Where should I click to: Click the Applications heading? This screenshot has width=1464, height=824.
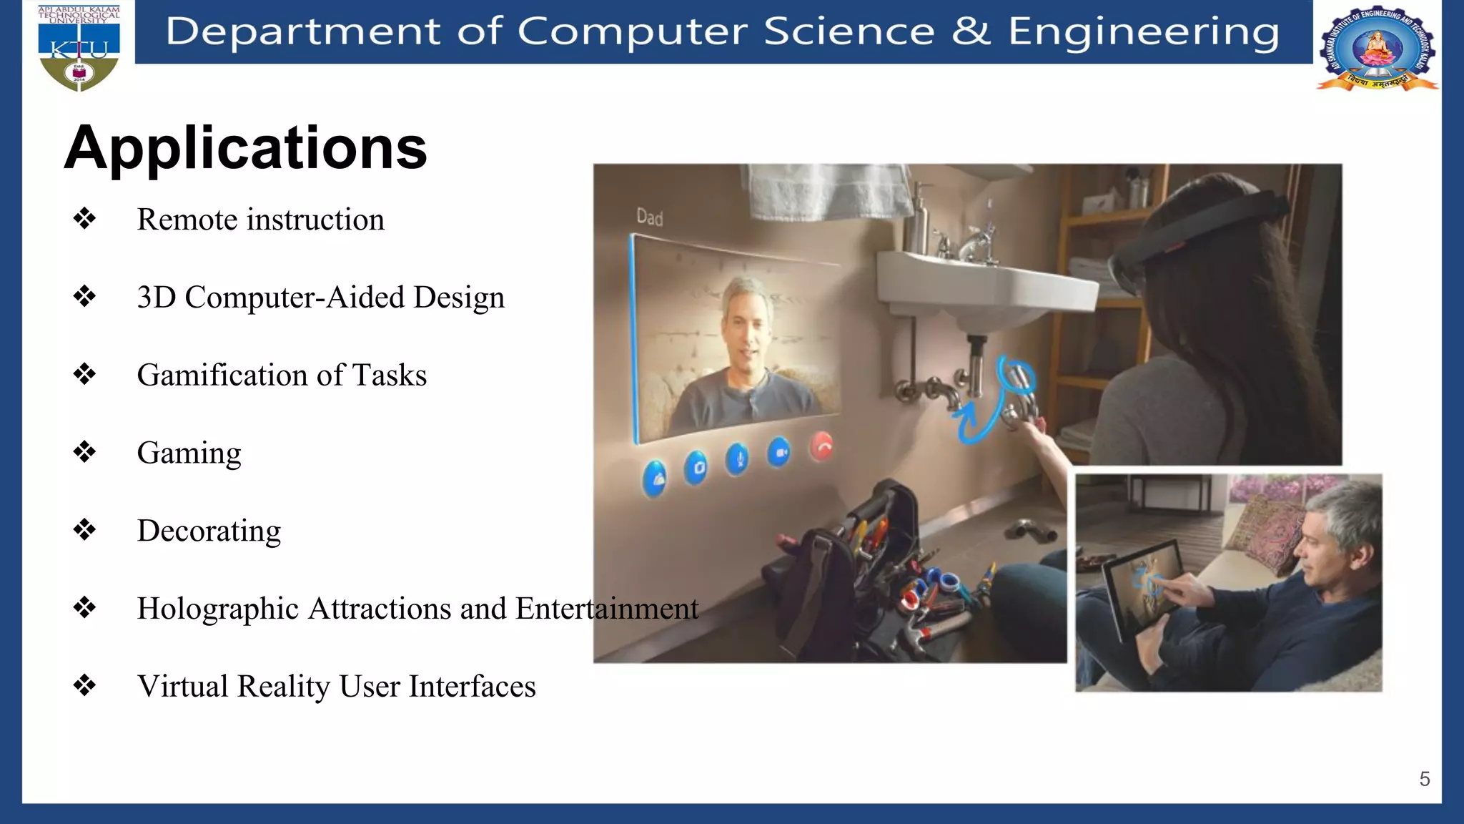(x=245, y=149)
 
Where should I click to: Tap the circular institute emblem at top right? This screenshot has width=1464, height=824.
(x=1377, y=49)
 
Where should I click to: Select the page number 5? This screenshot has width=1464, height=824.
(x=1424, y=779)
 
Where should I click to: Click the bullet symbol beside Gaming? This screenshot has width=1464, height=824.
(x=84, y=451)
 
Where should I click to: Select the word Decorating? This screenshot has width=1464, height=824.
(x=209, y=531)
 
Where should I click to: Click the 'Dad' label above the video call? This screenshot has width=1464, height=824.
(x=649, y=217)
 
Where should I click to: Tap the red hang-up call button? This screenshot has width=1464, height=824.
(x=822, y=447)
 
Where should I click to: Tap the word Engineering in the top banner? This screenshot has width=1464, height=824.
(x=1143, y=31)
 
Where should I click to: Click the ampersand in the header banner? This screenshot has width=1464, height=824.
(x=971, y=31)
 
